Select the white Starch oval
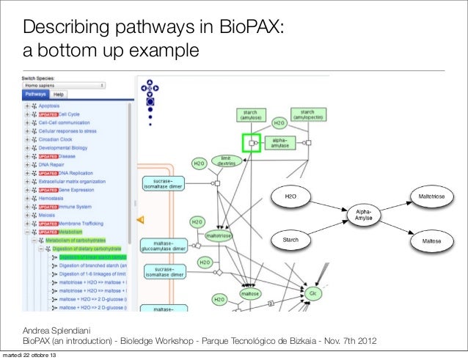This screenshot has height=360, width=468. click(291, 240)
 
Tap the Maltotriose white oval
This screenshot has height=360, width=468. click(431, 197)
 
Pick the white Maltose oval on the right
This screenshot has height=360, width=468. click(431, 240)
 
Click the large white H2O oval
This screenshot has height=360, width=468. click(291, 197)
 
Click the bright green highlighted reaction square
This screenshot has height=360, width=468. click(252, 143)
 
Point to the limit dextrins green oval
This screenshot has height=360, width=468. click(224, 161)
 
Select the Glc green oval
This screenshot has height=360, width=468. click(312, 294)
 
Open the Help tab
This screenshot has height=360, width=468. click(58, 95)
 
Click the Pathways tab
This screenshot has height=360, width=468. click(35, 95)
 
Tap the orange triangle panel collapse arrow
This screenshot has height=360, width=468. click(142, 218)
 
